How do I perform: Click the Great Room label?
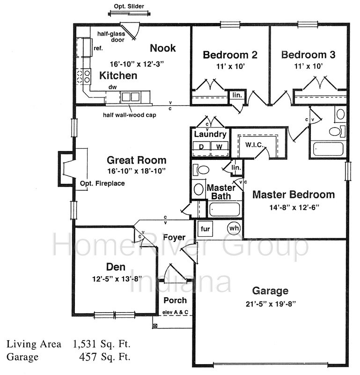136,160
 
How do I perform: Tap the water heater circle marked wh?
234,228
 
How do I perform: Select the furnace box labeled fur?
205,229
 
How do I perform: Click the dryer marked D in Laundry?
201,146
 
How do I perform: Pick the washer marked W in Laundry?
219,146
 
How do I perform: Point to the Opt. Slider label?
129,6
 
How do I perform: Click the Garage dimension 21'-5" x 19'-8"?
271,304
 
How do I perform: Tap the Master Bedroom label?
294,195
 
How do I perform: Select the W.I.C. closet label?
254,145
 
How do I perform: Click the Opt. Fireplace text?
102,183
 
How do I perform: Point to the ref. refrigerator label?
98,48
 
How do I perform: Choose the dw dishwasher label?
112,87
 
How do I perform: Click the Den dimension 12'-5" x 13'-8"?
117,279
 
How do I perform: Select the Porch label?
175,300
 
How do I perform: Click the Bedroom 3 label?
308,54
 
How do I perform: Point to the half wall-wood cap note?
130,115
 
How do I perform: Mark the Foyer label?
174,237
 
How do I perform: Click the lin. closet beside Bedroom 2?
237,95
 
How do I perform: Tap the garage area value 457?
88,357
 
